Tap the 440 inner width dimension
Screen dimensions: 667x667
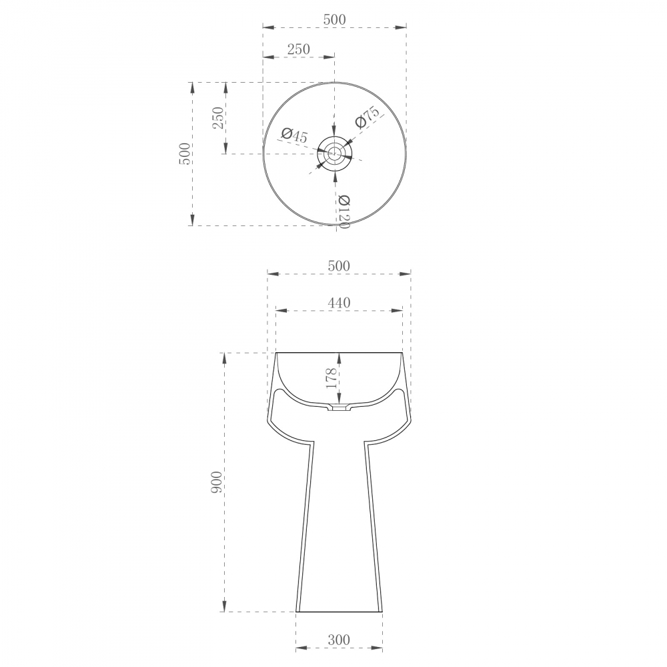[339, 303]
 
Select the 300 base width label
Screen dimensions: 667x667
[339, 641]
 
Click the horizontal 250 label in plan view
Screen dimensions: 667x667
[298, 49]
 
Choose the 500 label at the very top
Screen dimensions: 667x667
[334, 20]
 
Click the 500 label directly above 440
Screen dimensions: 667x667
[339, 265]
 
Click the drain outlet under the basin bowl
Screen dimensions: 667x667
[340, 408]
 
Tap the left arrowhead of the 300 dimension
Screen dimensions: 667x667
[300, 648]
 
